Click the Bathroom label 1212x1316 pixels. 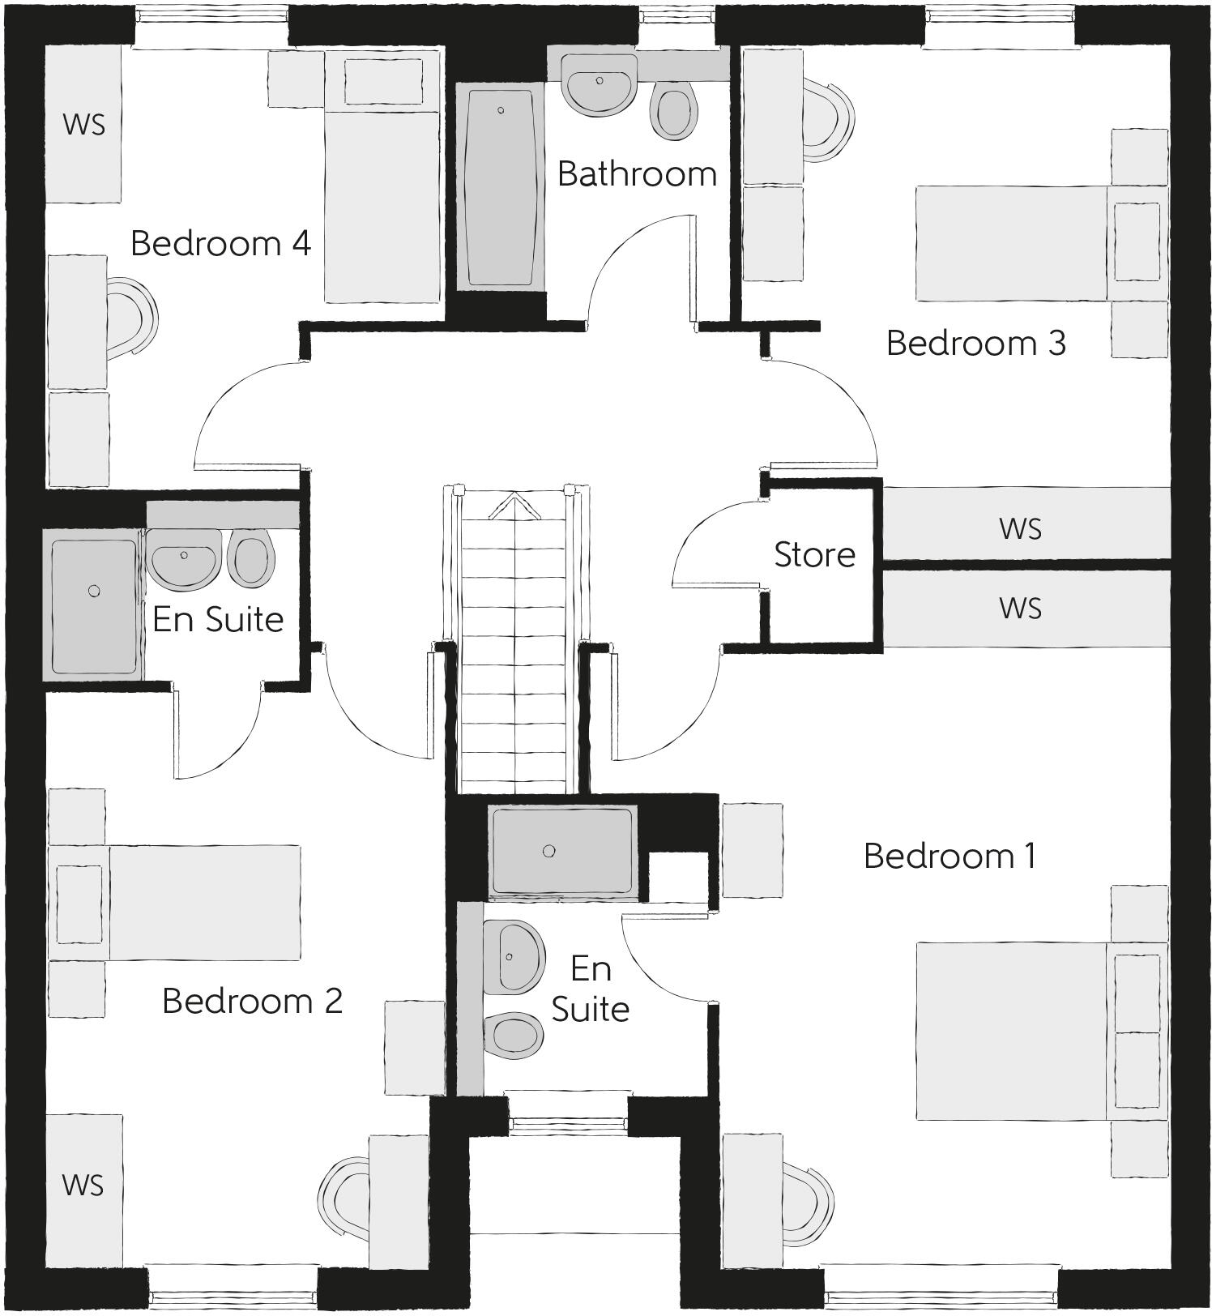[637, 174]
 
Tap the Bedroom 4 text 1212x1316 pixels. [220, 243]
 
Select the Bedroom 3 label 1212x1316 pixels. [975, 343]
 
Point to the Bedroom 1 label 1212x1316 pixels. [950, 857]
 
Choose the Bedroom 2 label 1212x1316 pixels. [252, 1001]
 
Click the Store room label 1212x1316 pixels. [814, 555]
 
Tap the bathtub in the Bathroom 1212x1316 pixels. [500, 186]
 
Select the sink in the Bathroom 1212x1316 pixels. [600, 85]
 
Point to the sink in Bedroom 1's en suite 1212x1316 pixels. [512, 956]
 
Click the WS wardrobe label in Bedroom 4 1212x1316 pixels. [83, 125]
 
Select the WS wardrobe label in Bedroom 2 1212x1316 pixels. [83, 1186]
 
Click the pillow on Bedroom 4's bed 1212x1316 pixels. [383, 82]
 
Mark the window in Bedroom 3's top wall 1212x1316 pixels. [1000, 17]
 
